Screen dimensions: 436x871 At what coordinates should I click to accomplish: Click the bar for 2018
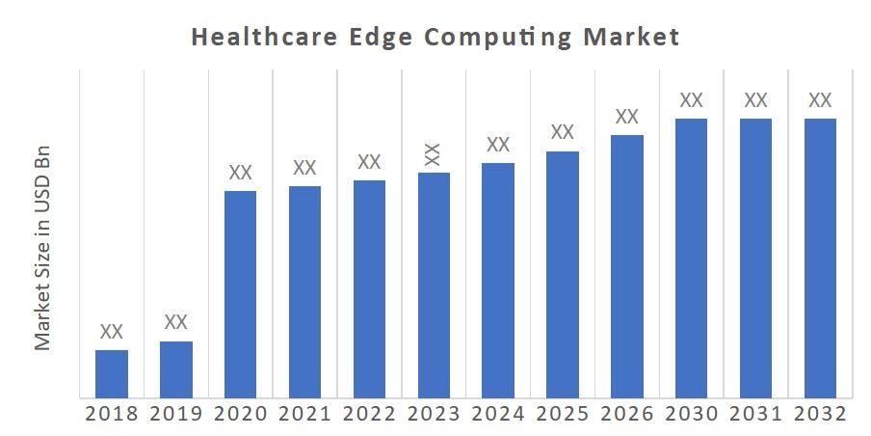pos(112,373)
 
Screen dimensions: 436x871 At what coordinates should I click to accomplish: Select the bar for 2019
pos(176,368)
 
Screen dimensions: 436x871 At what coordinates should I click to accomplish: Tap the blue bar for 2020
pos(240,293)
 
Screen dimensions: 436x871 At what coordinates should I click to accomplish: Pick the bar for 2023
pos(434,285)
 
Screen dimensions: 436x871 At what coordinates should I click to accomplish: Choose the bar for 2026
pos(626,265)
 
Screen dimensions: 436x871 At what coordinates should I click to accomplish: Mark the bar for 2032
pos(820,258)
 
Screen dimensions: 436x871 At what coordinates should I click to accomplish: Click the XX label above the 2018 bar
pos(112,332)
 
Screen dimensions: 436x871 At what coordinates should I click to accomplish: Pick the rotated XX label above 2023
pos(434,153)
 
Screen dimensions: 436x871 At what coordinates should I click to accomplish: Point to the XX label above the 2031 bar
pos(755,99)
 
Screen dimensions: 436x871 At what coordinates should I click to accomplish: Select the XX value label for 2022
pos(369,161)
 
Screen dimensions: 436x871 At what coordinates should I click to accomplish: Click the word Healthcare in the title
pos(249,38)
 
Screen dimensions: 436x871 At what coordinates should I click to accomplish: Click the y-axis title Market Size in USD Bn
pos(42,249)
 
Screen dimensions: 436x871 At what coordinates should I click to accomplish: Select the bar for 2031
pos(755,258)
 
